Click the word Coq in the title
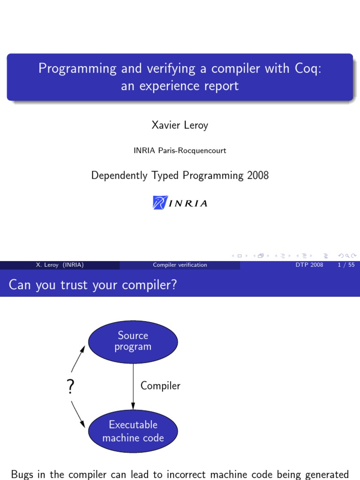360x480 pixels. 307,69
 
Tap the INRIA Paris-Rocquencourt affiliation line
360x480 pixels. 180,150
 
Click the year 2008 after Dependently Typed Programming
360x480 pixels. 257,176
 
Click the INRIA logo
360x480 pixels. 180,202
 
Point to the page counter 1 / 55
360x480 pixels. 345,265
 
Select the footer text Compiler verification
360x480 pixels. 180,265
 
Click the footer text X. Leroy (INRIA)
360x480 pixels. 60,265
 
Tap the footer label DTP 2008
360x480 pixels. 309,265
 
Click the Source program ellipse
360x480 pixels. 133,342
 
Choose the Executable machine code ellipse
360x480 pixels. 133,431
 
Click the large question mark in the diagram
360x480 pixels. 71,387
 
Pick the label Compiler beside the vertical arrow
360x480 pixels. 160,386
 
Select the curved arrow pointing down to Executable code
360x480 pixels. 77,415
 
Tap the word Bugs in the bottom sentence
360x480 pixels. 23,474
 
